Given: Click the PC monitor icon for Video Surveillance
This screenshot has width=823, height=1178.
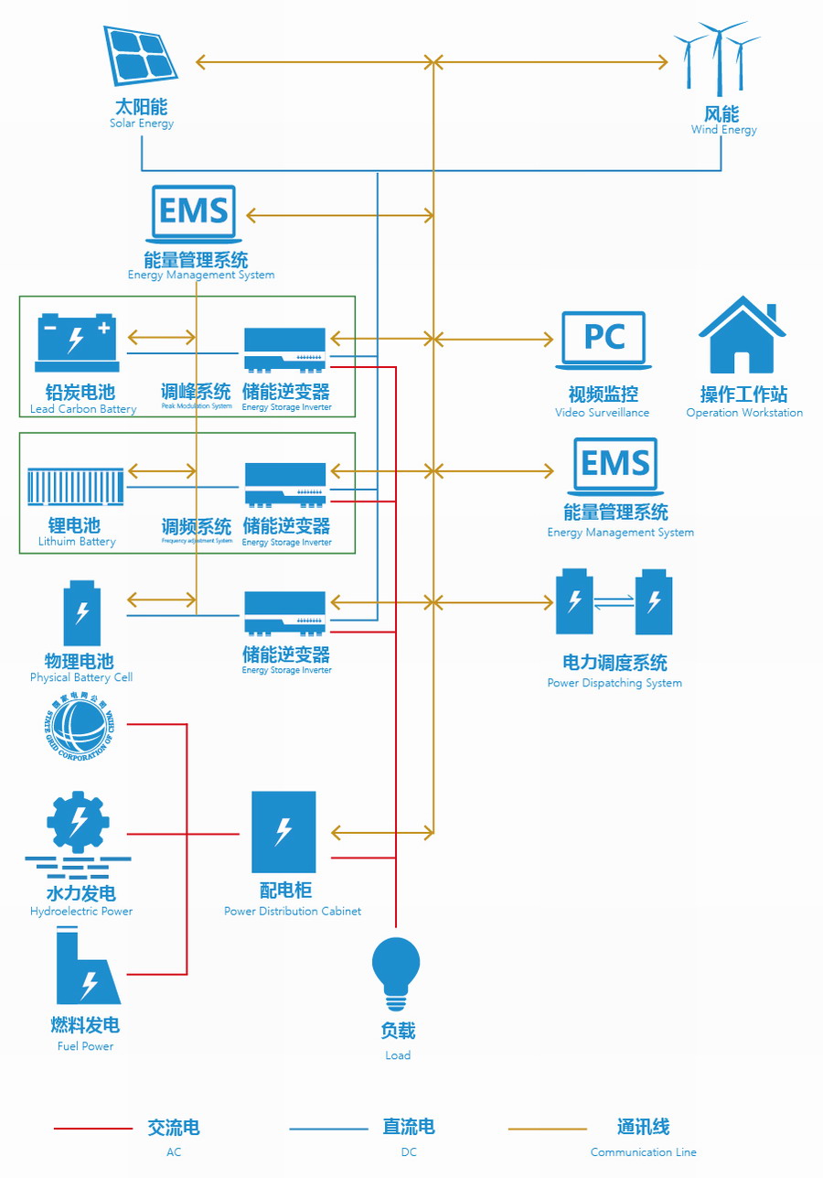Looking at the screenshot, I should (x=604, y=340).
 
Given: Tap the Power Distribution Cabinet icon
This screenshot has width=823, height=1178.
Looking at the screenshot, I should (x=283, y=832).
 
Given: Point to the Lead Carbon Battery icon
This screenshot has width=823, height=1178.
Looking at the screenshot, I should (x=76, y=339).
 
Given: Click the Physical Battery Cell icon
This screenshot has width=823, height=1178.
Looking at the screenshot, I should (x=82, y=613).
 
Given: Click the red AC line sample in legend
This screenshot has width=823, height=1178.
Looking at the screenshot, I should (x=93, y=1129).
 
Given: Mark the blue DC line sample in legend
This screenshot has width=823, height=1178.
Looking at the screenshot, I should (x=328, y=1129).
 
